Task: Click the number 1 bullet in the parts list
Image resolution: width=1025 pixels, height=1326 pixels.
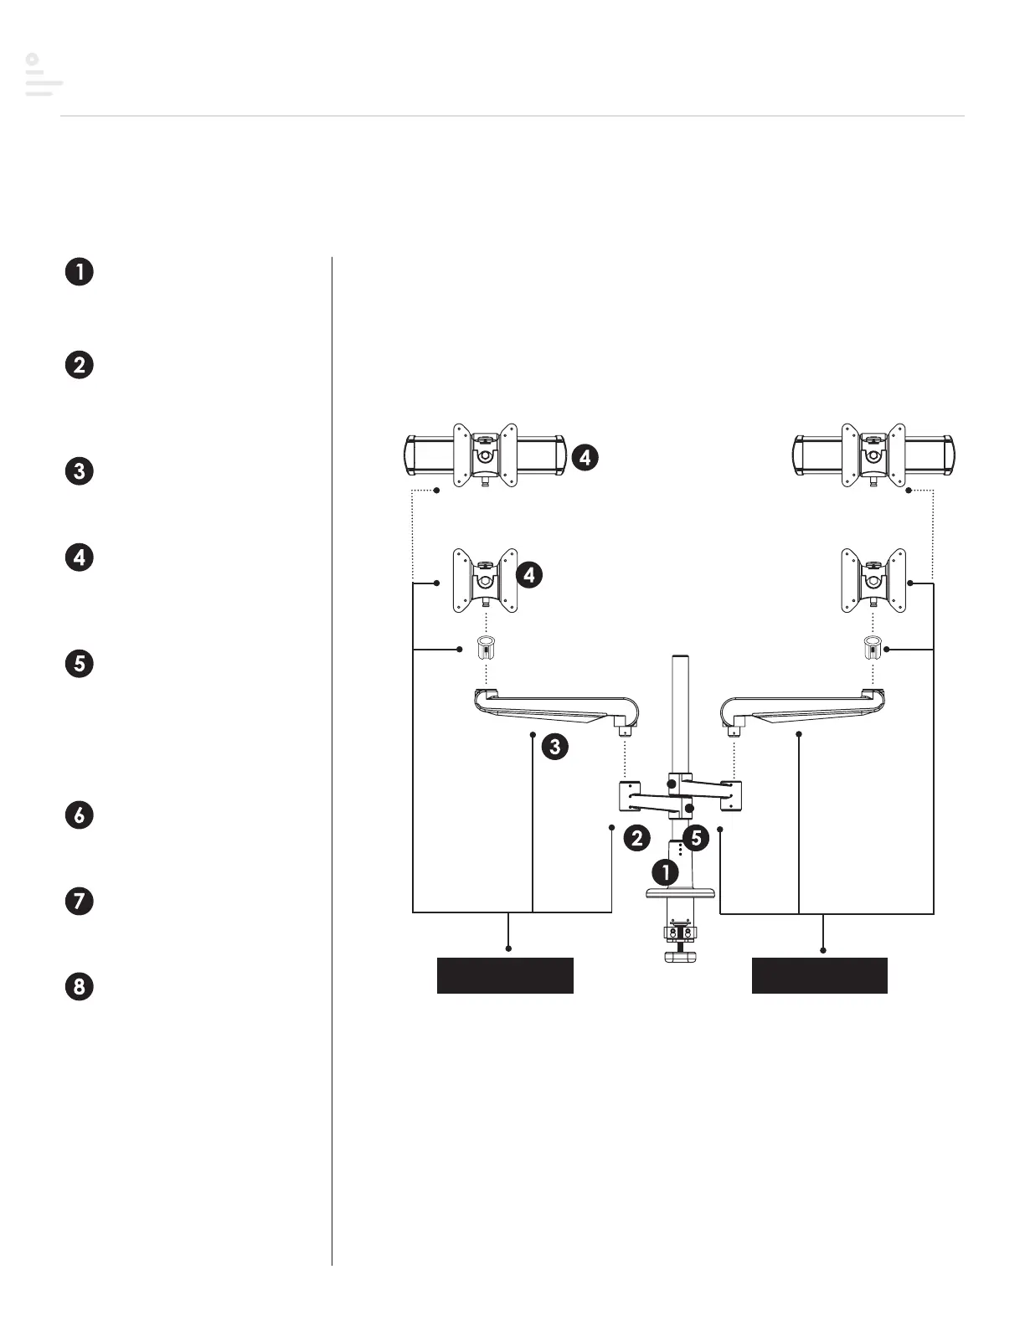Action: click(80, 272)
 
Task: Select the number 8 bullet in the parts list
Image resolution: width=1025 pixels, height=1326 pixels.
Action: click(80, 986)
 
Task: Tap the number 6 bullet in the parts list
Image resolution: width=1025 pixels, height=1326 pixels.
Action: click(80, 815)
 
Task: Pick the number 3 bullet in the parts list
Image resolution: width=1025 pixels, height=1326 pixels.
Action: click(80, 470)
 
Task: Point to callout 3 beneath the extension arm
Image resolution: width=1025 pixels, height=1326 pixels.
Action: click(554, 746)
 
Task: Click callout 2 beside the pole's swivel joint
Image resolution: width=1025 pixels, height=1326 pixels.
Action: click(637, 838)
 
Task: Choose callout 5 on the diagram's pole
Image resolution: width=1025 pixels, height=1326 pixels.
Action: click(696, 837)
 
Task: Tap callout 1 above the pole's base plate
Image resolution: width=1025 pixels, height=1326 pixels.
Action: click(666, 872)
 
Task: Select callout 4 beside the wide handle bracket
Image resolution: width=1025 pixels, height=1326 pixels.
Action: click(585, 457)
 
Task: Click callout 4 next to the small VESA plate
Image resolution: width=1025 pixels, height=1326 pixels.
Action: click(529, 575)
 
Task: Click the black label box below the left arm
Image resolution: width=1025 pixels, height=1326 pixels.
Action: click(505, 975)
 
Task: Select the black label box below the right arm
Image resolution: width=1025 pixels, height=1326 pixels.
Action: click(819, 975)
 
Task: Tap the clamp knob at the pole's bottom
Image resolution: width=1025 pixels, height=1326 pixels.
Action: click(680, 955)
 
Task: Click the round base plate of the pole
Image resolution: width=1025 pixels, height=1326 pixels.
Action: click(680, 893)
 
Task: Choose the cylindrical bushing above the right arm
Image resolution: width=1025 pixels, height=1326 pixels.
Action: click(873, 648)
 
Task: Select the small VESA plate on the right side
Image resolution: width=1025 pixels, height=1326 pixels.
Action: click(873, 580)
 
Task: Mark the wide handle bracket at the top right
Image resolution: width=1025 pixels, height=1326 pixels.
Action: click(873, 455)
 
